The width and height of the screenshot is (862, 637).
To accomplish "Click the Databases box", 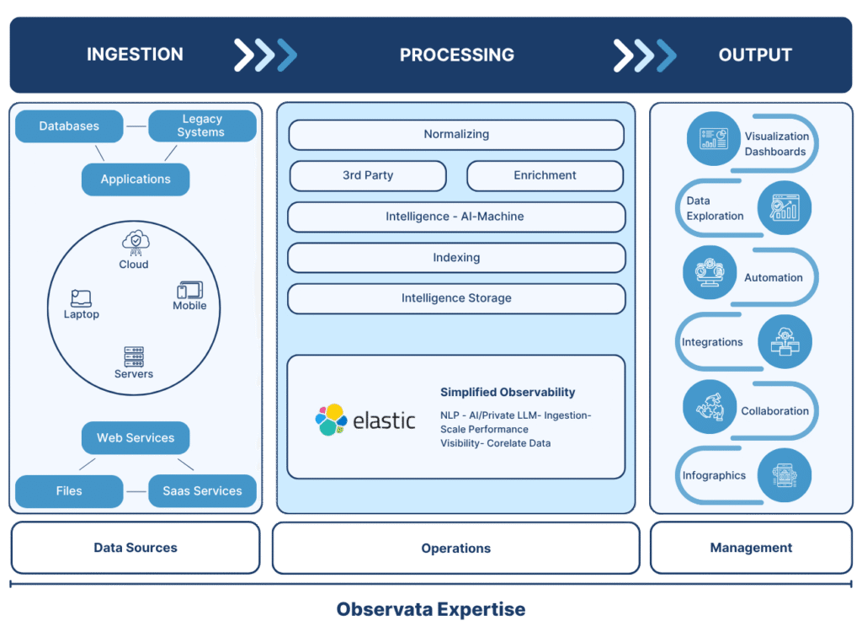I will pyautogui.click(x=69, y=126).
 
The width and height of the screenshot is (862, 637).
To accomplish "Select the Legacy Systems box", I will pyautogui.click(x=202, y=126).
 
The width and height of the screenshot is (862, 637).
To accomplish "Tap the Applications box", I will pyautogui.click(x=136, y=179).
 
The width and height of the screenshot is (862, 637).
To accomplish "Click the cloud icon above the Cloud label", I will pyautogui.click(x=135, y=242).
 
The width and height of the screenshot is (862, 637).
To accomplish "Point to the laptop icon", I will pyautogui.click(x=82, y=297).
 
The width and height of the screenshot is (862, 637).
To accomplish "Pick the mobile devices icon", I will pyautogui.click(x=189, y=290).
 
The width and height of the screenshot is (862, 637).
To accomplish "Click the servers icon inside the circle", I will pyautogui.click(x=134, y=356).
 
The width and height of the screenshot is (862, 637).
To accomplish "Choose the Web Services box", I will pyautogui.click(x=136, y=438).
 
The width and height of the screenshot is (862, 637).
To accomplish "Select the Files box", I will pyautogui.click(x=69, y=491).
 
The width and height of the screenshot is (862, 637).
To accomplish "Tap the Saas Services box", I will pyautogui.click(x=202, y=491).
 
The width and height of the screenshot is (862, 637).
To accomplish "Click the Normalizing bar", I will pyautogui.click(x=456, y=135).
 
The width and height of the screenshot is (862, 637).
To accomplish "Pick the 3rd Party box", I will pyautogui.click(x=368, y=176).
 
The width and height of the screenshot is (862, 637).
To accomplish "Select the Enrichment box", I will pyautogui.click(x=545, y=176).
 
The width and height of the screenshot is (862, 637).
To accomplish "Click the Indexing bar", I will pyautogui.click(x=456, y=258).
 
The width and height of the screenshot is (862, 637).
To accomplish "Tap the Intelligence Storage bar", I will pyautogui.click(x=456, y=298).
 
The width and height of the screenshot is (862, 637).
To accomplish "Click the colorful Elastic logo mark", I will pyautogui.click(x=331, y=420).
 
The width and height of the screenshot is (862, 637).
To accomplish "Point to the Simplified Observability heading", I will pyautogui.click(x=508, y=393).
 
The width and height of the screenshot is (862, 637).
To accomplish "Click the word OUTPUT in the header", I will pyautogui.click(x=755, y=56).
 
